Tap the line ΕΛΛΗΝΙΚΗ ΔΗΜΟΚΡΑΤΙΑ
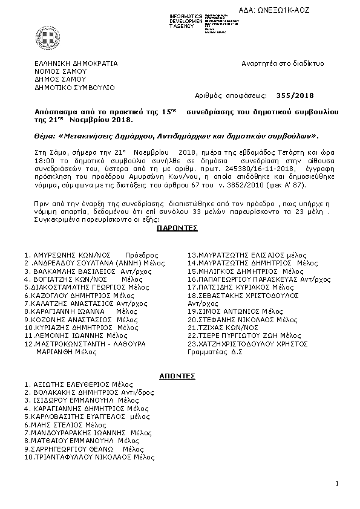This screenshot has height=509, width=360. point(76,63)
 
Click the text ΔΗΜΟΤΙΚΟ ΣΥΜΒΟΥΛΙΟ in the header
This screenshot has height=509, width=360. point(74,87)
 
